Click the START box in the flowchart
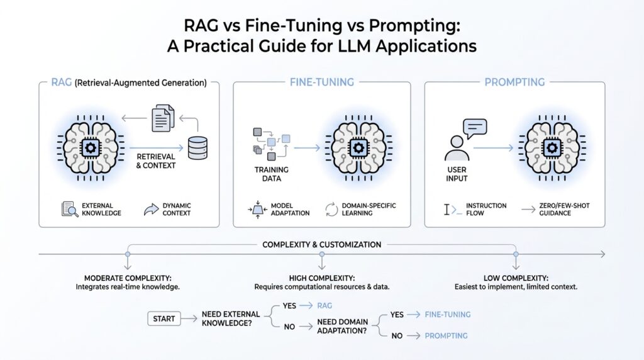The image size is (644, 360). pos(164,319)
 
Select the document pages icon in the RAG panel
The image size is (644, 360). pos(162,118)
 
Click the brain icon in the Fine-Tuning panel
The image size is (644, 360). pos(359,148)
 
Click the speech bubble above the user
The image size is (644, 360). pos(475,127)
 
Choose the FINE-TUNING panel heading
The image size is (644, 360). pos(321,82)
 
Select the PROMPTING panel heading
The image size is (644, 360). pos(514,82)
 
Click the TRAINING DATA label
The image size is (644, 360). pos(272,174)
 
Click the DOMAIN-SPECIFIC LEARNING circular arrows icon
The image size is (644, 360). pos(331,210)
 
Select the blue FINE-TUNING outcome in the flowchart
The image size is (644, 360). pos(447,314)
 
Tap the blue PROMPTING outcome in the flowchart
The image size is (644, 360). pos(446,335)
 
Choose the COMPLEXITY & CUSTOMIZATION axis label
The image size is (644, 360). pos(321,244)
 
